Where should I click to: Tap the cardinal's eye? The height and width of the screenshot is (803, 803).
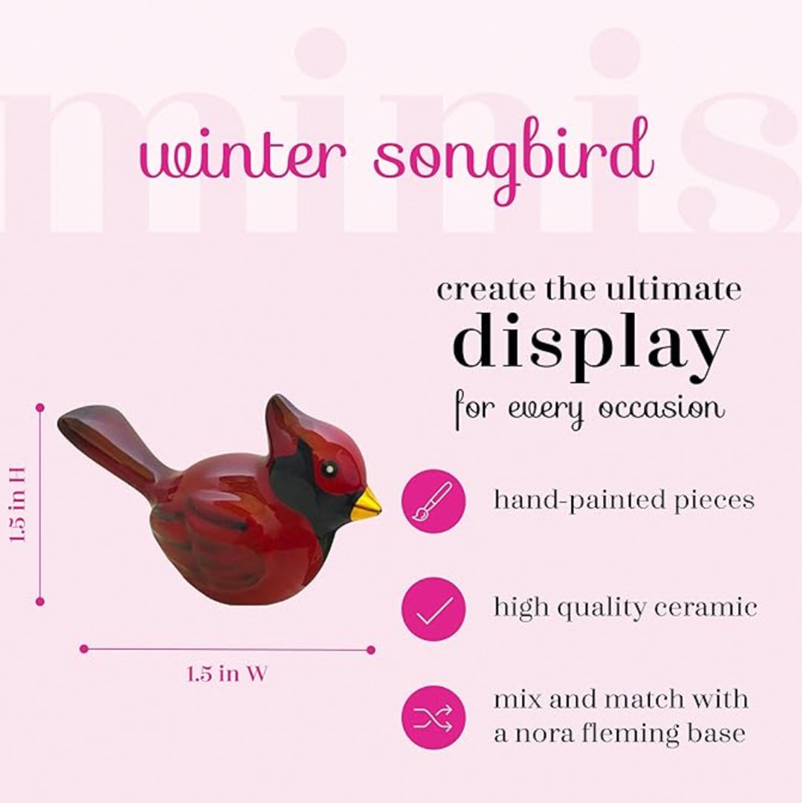327,469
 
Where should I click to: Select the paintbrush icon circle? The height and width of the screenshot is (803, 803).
433,500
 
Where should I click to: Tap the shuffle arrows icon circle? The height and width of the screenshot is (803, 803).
433,717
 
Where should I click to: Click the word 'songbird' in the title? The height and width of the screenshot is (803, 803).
513,160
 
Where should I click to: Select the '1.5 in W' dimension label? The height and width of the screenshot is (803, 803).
227,674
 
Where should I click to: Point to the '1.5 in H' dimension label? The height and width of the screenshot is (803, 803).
19,504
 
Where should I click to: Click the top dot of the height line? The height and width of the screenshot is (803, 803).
40,407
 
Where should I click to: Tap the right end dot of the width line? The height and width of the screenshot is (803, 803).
370,649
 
